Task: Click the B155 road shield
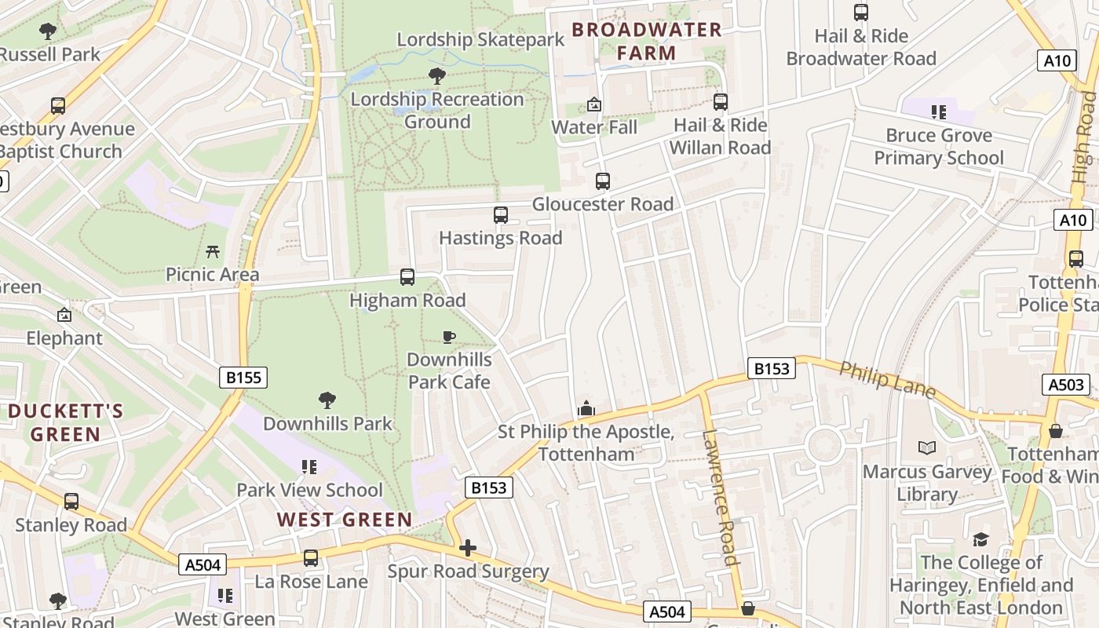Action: [x=243, y=378]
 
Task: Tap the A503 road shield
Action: [x=1066, y=385]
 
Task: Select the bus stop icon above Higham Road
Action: [x=407, y=277]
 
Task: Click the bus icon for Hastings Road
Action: [x=500, y=215]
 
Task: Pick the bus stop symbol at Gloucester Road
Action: [x=602, y=181]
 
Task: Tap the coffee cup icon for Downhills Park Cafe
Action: [x=448, y=338]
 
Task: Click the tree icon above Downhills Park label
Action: [x=327, y=401]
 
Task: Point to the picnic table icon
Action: [x=213, y=252]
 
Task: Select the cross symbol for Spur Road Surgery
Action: [x=468, y=548]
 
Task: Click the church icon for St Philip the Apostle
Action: [x=586, y=409]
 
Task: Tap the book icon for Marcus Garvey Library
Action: [x=927, y=448]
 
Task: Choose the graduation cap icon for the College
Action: [x=980, y=539]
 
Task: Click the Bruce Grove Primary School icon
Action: [x=938, y=112]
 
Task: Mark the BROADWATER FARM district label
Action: [x=646, y=42]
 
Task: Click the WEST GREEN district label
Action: [x=345, y=520]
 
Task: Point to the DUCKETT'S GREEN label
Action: [x=65, y=422]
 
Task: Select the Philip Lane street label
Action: [x=887, y=380]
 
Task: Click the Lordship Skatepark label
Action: [x=480, y=40]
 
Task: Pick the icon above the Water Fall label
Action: [x=594, y=104]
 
